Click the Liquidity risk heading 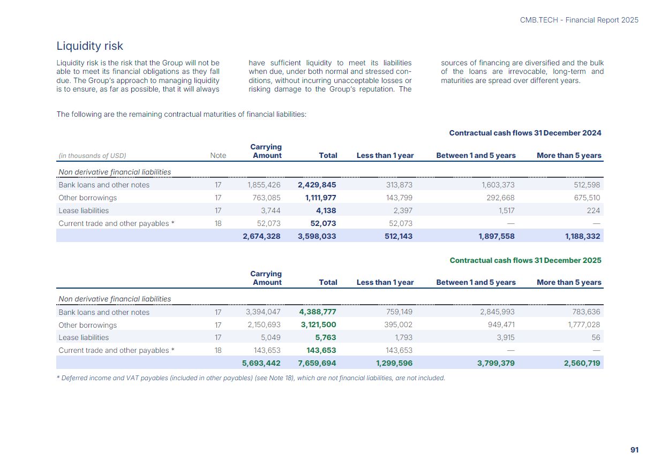[89, 46]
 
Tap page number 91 [634, 450]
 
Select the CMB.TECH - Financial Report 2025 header [579, 20]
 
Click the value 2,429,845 [317, 185]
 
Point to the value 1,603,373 [498, 185]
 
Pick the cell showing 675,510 [587, 198]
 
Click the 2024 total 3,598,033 [317, 236]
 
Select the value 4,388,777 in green [318, 312]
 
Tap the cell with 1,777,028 [584, 324]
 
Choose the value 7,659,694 [317, 363]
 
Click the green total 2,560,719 [582, 363]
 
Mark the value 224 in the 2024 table [593, 210]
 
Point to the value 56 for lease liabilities [596, 337]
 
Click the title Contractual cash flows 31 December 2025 [525, 260]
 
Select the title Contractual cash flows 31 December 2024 [525, 133]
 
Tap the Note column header [218, 156]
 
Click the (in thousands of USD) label [92, 156]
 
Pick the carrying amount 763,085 [266, 198]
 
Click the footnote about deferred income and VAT [251, 378]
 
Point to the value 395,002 [398, 324]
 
